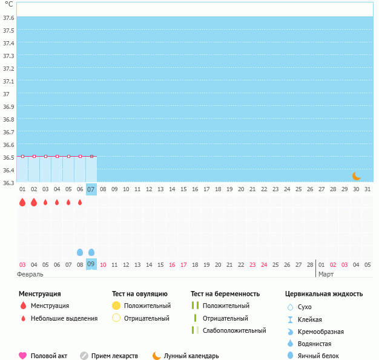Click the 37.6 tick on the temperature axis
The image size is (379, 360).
coord(8,18)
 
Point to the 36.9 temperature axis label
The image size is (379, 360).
coord(8,106)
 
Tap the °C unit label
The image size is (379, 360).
coord(8,4)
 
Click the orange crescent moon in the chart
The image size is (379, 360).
coord(357,176)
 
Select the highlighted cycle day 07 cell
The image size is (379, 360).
coord(91,189)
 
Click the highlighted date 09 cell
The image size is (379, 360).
coord(91,264)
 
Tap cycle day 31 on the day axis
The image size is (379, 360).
coord(367,189)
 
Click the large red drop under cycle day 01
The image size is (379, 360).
coord(22,203)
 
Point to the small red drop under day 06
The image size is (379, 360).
coord(80,202)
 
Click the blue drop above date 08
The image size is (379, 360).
coord(80,252)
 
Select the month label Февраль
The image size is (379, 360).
coord(30,274)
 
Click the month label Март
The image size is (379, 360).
coord(326,274)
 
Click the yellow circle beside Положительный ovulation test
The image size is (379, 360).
coord(116,306)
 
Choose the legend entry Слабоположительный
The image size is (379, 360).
coord(234,330)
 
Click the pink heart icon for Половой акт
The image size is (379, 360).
coord(23,356)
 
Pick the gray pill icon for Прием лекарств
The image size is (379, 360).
coord(84,356)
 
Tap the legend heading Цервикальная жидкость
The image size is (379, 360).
coord(324,294)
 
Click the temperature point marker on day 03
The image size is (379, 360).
coord(45,156)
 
